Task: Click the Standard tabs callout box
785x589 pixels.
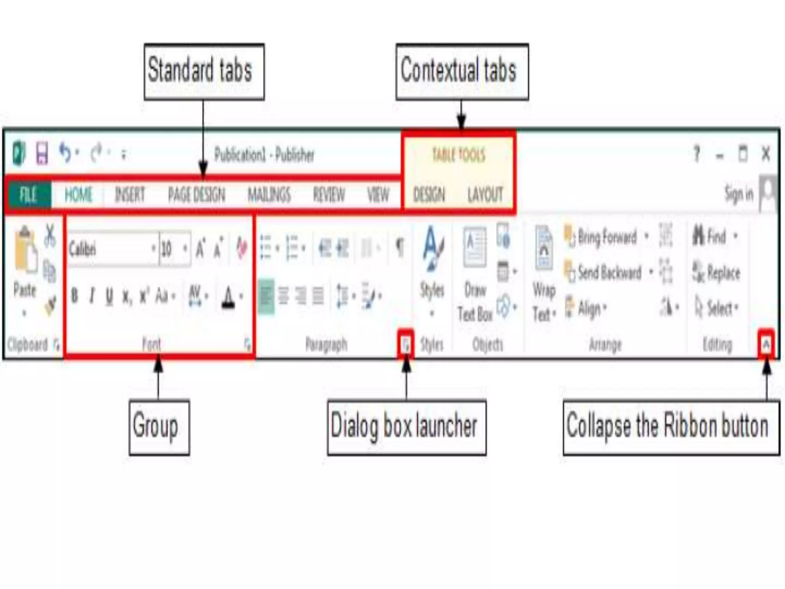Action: pos(204,72)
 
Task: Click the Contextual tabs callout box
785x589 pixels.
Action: pos(462,72)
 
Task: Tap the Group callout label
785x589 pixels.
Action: pos(159,427)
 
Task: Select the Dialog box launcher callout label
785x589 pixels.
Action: pos(406,427)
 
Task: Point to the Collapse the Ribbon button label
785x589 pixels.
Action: pos(671,427)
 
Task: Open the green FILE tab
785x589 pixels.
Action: pos(29,195)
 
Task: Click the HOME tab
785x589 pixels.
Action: pos(78,195)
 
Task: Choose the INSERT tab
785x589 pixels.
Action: pos(130,195)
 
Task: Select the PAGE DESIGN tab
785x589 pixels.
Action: pos(197,195)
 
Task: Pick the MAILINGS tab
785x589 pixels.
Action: pos(269,195)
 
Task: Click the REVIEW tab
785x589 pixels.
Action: pos(329,195)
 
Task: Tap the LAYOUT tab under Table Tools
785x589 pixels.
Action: pos(485,195)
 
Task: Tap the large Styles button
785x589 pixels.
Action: pos(432,261)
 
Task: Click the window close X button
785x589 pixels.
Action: pos(765,155)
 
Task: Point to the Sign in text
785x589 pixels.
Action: pos(739,194)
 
